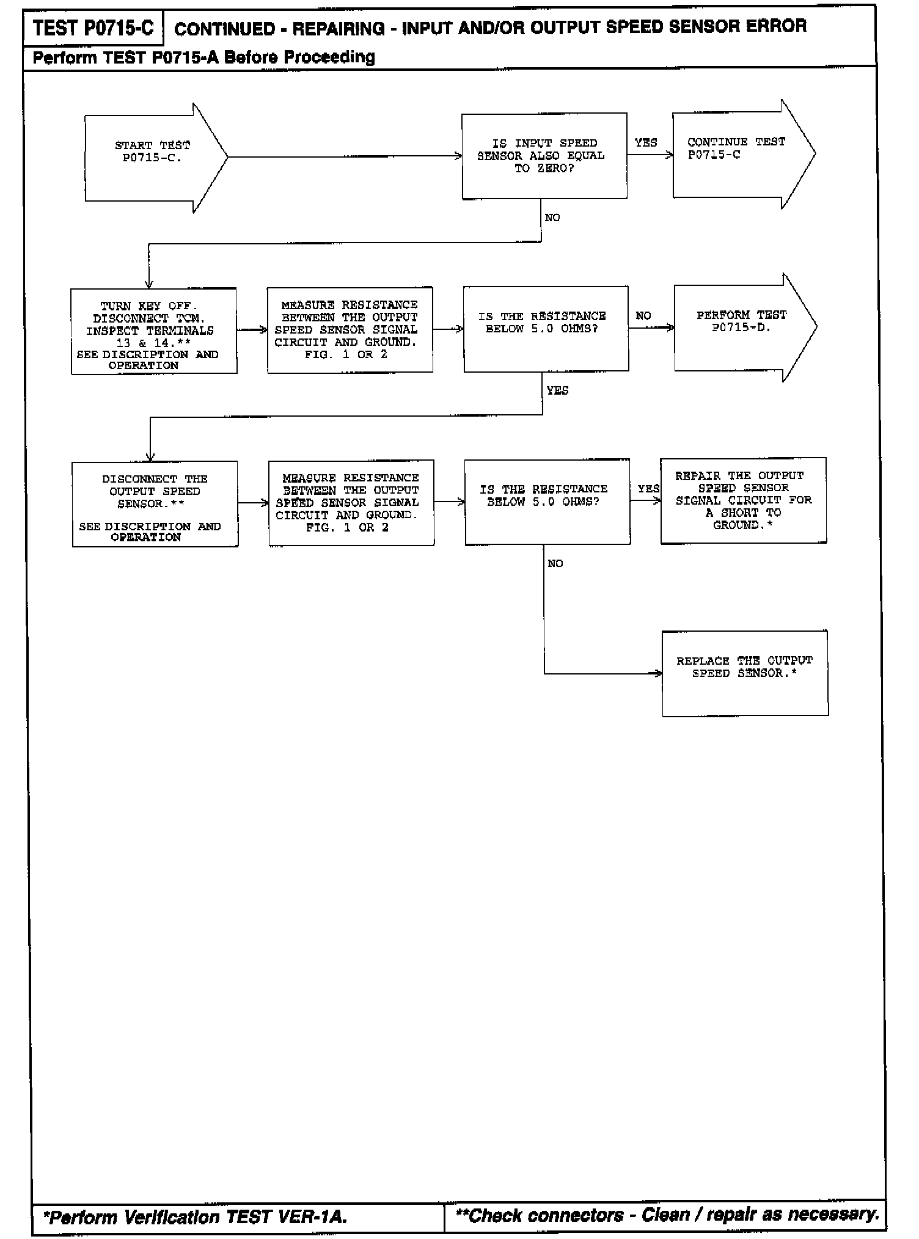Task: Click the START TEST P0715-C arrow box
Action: (x=153, y=157)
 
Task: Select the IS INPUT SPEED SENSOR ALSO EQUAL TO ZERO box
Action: (x=544, y=156)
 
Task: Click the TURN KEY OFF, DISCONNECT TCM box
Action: (x=153, y=331)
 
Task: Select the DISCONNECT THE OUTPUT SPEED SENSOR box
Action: (x=155, y=503)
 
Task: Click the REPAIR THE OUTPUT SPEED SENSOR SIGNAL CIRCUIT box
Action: (x=743, y=500)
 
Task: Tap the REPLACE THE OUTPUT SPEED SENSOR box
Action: (x=745, y=673)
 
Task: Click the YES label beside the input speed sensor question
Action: (x=645, y=143)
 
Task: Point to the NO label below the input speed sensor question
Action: (x=552, y=217)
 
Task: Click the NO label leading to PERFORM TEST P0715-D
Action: (x=643, y=316)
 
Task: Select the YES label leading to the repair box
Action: (x=648, y=489)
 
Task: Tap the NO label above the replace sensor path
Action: (x=555, y=563)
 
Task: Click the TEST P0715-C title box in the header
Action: (x=93, y=28)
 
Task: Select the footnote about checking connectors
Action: (x=667, y=1215)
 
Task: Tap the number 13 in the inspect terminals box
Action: (x=123, y=343)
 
